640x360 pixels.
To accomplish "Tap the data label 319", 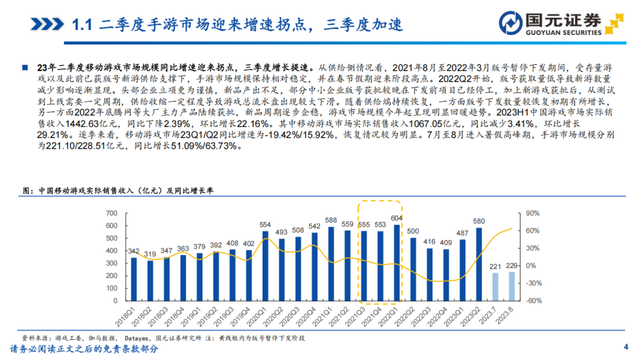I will (150, 254).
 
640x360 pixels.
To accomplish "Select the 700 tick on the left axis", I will (112, 213).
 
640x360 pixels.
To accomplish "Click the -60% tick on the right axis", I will (533, 301).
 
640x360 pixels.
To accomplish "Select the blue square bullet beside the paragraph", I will (25, 67).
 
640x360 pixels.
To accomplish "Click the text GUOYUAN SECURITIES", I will (565, 32).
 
